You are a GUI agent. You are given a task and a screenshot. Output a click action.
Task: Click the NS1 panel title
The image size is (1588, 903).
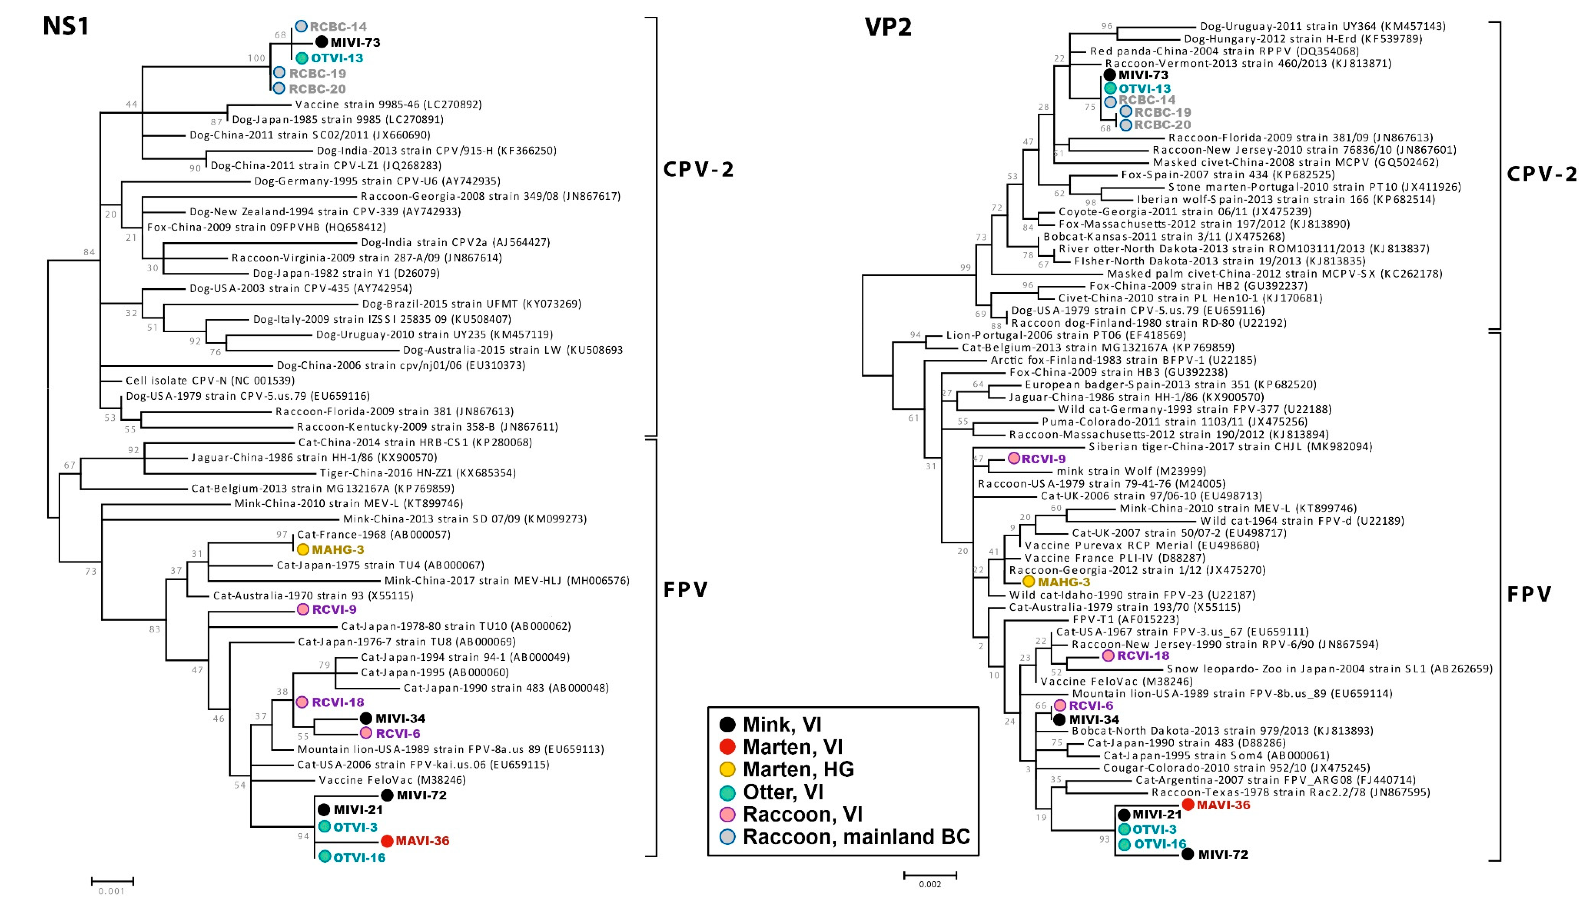66,26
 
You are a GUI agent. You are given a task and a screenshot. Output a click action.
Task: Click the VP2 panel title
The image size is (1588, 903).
888,27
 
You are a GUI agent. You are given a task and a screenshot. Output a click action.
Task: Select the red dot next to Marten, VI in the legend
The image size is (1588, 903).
727,747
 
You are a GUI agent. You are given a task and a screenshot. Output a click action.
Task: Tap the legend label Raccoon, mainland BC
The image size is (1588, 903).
856,837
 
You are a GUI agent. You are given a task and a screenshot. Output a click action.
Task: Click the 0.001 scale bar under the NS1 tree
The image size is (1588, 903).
112,881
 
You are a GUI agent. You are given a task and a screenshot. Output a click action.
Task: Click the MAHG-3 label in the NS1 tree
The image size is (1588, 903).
337,550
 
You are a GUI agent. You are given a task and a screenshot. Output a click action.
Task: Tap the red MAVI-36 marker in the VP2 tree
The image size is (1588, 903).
1188,804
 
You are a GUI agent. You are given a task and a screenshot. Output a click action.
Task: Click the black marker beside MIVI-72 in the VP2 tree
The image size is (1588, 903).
1187,854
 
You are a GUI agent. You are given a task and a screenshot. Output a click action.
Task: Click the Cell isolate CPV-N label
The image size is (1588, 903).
210,380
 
